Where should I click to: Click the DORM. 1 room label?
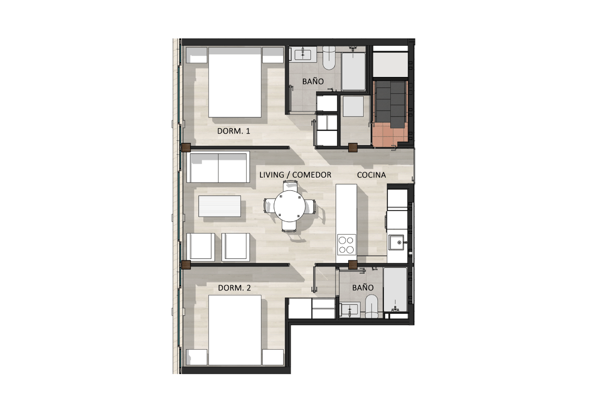coord(233,131)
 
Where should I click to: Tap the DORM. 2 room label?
coord(234,288)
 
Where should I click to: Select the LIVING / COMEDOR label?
coord(295,175)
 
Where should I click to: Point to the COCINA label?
coord(371,175)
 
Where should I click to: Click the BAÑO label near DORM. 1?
coord(313,81)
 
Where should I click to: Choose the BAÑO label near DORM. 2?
coord(363,288)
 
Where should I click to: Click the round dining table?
coord(290,206)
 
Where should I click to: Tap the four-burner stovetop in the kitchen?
coord(346,245)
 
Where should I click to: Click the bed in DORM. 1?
coord(235,82)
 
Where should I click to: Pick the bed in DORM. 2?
coord(235,330)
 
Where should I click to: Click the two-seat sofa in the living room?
coord(218,167)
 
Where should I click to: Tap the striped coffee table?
coord(220,206)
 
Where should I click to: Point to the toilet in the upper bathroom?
coord(329,58)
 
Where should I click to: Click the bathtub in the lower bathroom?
coord(395,290)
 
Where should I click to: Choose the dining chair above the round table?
coord(290,186)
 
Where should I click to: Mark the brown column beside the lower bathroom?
coord(353,264)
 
